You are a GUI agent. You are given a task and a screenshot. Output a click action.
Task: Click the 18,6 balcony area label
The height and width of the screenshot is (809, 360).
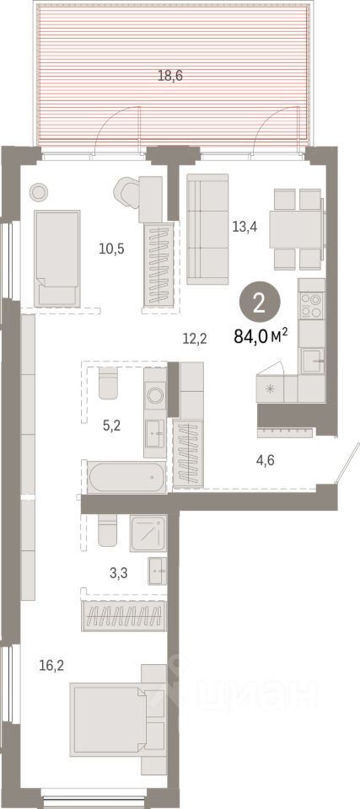(170, 77)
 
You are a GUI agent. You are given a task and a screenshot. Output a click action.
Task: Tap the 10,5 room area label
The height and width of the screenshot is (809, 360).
(111, 249)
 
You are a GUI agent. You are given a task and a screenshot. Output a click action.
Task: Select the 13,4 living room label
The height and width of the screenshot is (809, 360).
(244, 226)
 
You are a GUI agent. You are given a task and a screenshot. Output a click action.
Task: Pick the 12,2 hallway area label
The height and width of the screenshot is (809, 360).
(196, 338)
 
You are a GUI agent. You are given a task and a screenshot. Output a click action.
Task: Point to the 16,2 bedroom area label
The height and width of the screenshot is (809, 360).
(51, 666)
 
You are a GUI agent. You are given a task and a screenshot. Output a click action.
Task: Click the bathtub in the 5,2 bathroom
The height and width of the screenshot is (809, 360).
(127, 477)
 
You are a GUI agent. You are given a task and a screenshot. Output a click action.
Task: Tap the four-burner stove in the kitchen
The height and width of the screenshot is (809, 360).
(311, 305)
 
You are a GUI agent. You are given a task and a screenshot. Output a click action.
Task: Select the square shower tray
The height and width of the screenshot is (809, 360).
(148, 533)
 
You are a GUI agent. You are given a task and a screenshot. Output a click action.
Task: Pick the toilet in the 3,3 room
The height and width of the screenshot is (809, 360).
(108, 529)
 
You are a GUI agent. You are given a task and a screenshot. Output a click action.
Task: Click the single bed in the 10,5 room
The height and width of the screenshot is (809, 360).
(57, 258)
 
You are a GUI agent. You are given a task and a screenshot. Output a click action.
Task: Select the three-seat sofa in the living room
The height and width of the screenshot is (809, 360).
(207, 228)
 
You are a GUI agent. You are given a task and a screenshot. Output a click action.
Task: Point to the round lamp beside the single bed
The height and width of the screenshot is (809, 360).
(40, 192)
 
